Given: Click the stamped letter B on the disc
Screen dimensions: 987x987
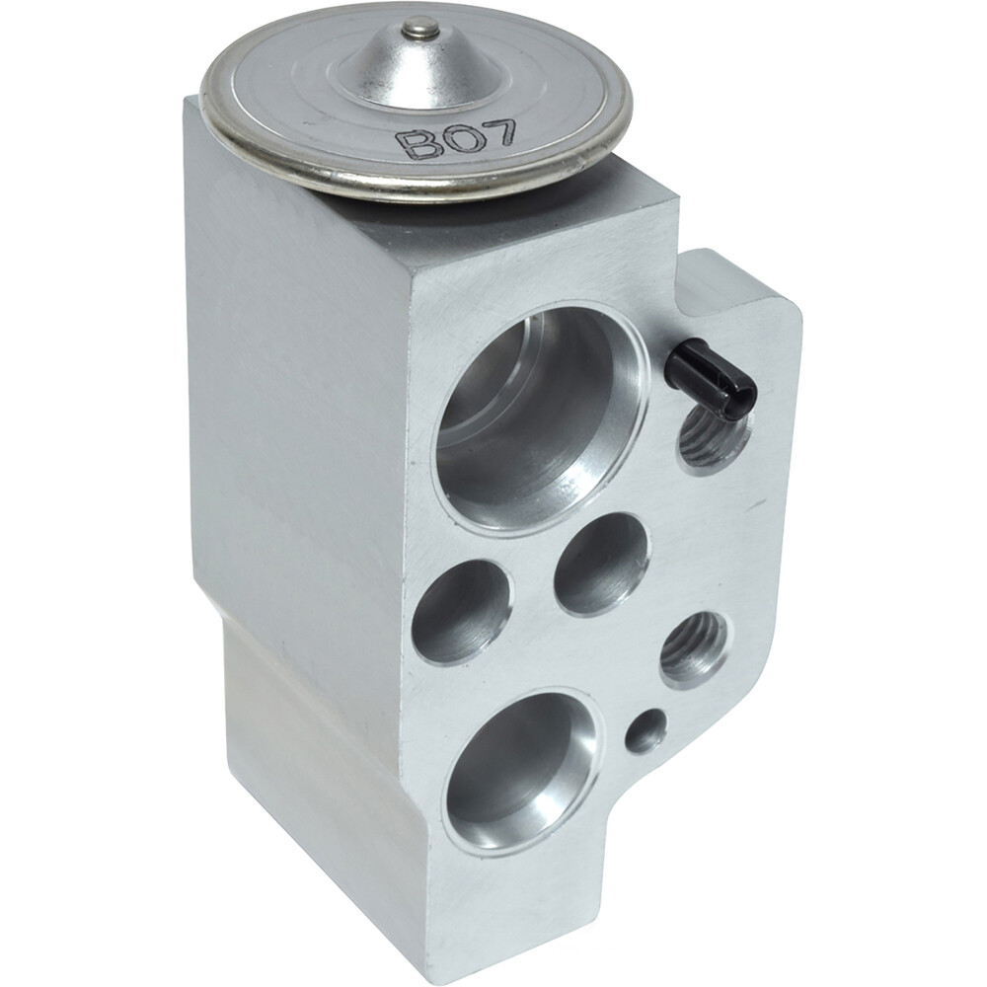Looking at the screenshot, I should (x=414, y=144).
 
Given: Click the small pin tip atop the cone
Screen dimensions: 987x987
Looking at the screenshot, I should (x=421, y=27).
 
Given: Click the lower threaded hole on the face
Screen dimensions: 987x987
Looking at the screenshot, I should (x=694, y=646).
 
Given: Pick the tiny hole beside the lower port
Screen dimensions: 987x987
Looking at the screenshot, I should (x=645, y=730).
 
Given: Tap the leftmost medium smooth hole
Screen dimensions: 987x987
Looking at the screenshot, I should (x=461, y=612).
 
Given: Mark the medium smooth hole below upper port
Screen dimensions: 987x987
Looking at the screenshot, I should (x=601, y=564).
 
